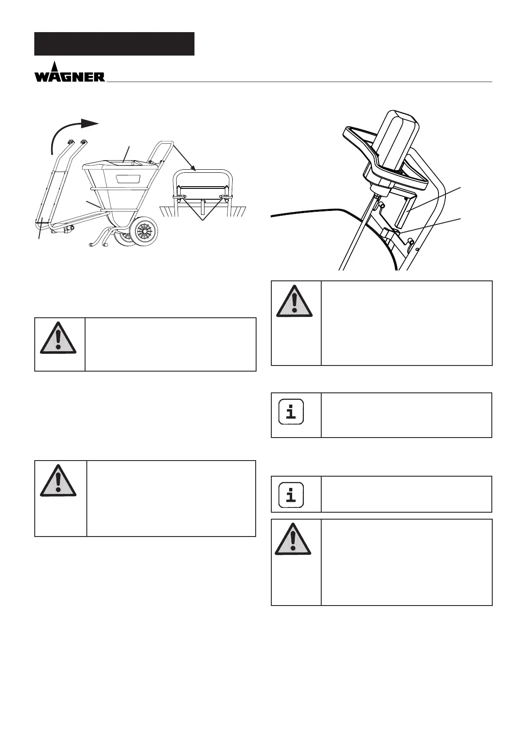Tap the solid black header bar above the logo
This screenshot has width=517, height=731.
114,44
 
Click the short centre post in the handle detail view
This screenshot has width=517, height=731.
202,207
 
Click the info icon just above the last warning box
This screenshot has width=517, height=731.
291,494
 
